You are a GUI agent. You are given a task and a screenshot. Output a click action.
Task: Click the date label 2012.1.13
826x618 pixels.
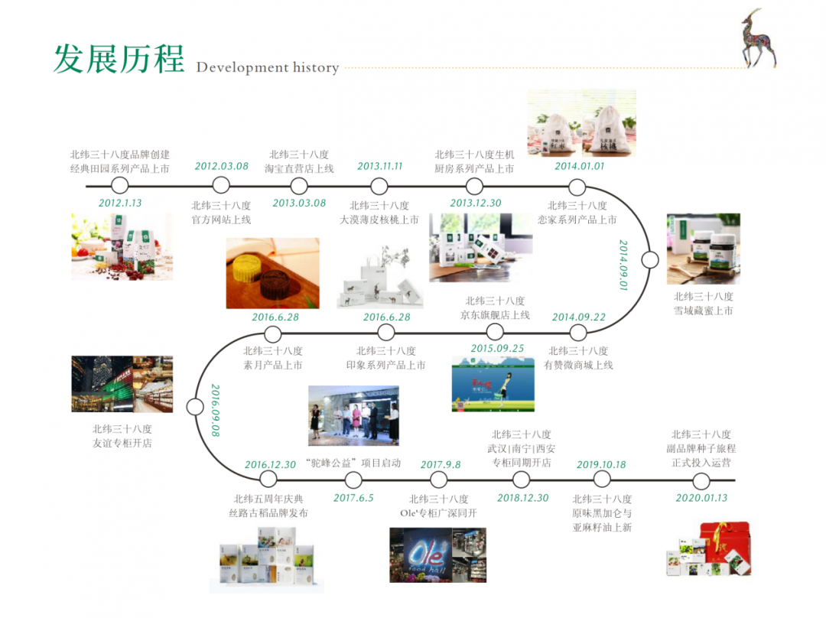pyautogui.click(x=120, y=203)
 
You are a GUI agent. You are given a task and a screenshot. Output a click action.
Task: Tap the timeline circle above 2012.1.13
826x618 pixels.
pyautogui.click(x=119, y=185)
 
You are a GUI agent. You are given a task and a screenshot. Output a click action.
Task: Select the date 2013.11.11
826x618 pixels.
pyautogui.click(x=379, y=166)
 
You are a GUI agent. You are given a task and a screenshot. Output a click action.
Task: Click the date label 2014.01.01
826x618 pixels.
pyautogui.click(x=579, y=166)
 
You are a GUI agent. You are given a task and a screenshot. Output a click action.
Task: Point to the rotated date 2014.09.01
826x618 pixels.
pyautogui.click(x=623, y=265)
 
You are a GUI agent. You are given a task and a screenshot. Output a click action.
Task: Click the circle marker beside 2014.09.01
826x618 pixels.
pyautogui.click(x=650, y=260)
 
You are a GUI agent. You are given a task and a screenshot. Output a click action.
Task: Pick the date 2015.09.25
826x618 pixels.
pyautogui.click(x=497, y=348)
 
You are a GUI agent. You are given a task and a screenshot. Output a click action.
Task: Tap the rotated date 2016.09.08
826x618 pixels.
pyautogui.click(x=215, y=411)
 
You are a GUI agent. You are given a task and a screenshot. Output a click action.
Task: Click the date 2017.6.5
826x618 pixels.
pyautogui.click(x=353, y=498)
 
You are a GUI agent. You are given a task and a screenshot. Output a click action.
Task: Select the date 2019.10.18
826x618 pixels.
pyautogui.click(x=601, y=464)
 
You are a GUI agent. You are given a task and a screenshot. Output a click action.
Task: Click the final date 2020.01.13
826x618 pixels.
pyautogui.click(x=701, y=498)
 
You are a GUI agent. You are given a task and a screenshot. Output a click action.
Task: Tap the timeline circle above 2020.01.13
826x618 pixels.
pyautogui.click(x=701, y=480)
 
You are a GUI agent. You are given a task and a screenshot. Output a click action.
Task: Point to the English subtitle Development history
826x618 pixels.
pyautogui.click(x=267, y=68)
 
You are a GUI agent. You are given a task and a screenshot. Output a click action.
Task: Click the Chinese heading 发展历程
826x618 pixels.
pyautogui.click(x=119, y=59)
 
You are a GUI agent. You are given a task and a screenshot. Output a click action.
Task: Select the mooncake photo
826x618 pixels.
pyautogui.click(x=272, y=273)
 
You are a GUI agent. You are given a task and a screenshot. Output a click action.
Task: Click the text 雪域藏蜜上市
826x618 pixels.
pyautogui.click(x=703, y=311)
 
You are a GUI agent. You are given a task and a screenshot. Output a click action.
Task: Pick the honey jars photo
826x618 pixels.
pyautogui.click(x=703, y=249)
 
